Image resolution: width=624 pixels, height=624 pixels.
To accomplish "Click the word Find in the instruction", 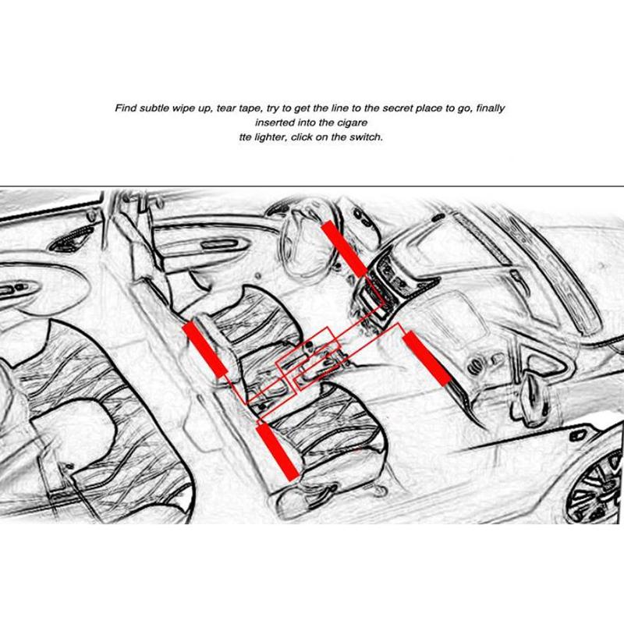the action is pos(126,108).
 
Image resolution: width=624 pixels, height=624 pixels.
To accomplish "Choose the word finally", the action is pos(491,108).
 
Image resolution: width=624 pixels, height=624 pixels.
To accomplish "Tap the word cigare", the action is pos(352,123).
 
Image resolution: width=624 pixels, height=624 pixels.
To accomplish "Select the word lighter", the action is pos(270,137).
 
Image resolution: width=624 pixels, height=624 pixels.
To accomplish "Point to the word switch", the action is pos(366,137).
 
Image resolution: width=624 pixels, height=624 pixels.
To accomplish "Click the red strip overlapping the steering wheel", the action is pos(344,249).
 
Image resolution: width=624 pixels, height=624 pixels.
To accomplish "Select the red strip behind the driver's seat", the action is pos(204,349).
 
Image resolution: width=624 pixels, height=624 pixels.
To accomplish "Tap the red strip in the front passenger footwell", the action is pos(426,358).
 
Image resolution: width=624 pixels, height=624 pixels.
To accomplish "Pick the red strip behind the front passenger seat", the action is pos(278,452).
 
